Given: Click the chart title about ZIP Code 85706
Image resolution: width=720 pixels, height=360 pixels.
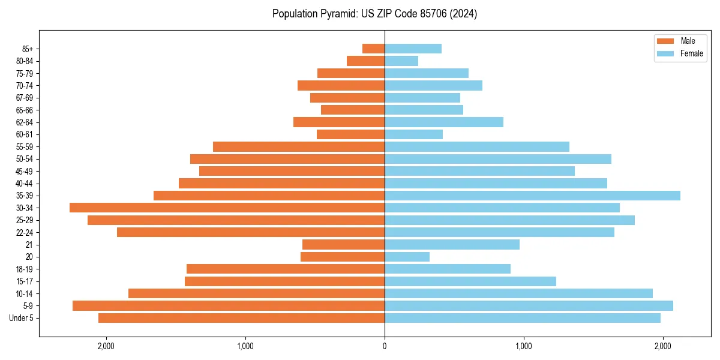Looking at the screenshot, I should coord(374,14).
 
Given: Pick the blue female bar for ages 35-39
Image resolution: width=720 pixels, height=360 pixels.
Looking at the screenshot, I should coord(532,196).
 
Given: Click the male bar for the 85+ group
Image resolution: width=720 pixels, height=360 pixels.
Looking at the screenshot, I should coord(373,49).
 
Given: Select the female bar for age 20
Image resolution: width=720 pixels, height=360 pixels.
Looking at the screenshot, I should coord(407,257).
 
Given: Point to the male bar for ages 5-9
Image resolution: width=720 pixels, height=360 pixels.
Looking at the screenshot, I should coord(229,306).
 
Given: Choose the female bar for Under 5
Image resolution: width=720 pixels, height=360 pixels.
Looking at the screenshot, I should coord(523,318).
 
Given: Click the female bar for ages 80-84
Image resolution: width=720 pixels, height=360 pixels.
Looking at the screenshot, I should coord(401,61).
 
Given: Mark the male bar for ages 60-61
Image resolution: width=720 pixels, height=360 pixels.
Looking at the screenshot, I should coord(350,134).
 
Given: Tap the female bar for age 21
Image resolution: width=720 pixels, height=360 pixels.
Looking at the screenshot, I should coord(452,245).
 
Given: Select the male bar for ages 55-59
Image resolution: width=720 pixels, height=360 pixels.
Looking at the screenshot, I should coord(299,147).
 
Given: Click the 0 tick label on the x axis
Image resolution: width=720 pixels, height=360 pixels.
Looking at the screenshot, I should coord(385,346).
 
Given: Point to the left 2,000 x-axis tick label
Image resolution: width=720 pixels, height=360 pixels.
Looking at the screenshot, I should coord(106,346).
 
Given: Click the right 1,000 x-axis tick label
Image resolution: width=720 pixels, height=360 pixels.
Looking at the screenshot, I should coord(524,346).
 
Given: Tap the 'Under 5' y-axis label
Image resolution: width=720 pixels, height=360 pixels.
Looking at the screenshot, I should coord(22,318).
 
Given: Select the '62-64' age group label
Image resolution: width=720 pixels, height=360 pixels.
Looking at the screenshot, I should coord(25,122).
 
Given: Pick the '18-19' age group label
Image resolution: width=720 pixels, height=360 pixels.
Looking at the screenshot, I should coord(25,269).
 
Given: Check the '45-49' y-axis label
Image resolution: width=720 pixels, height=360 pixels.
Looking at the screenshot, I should coord(25,171).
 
